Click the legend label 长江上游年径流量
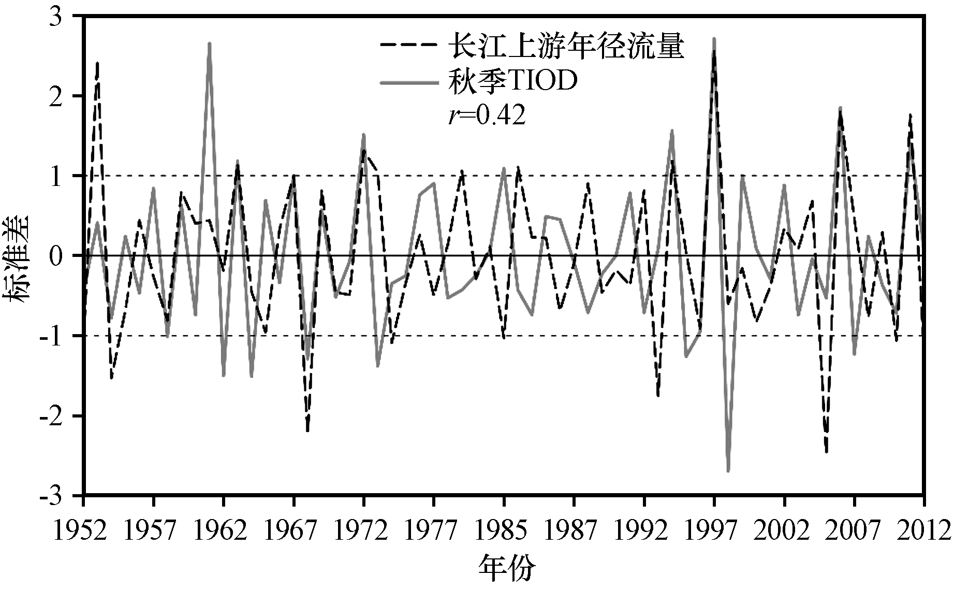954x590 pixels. (x=566, y=46)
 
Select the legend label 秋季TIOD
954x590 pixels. (x=512, y=81)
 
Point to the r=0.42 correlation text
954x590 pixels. (x=487, y=116)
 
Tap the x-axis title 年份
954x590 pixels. (x=506, y=568)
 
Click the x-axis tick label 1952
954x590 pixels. (x=81, y=530)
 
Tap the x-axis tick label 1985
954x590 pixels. (x=502, y=530)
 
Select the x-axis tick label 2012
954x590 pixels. (x=924, y=530)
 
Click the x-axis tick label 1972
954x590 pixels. (x=361, y=530)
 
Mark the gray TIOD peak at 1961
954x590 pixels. (x=209, y=44)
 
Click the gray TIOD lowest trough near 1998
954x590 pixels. (x=728, y=470)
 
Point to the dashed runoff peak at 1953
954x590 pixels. (x=97, y=63)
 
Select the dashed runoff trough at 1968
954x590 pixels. (x=307, y=430)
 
